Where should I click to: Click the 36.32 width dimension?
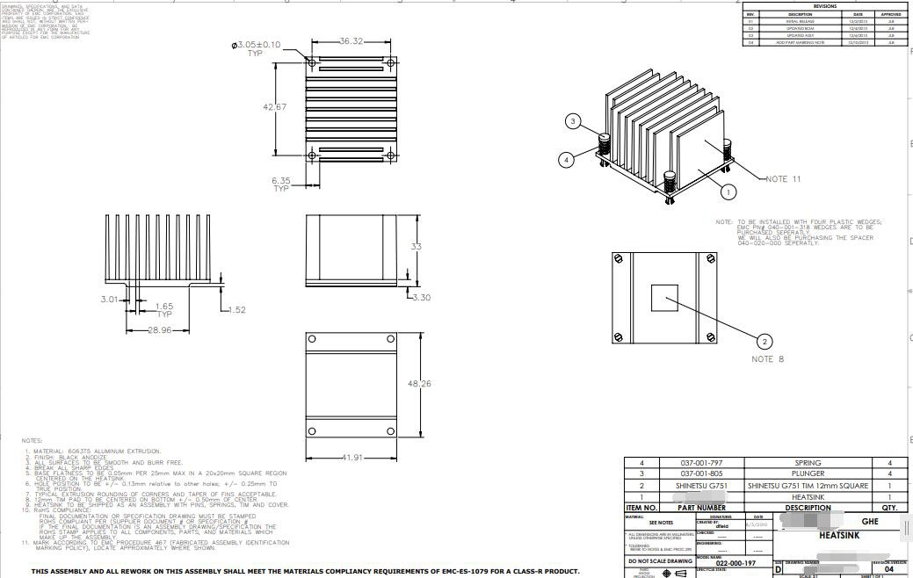(x=351, y=41)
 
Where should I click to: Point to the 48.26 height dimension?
(x=420, y=384)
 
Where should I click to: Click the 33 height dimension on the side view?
(x=417, y=247)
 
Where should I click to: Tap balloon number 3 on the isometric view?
(x=573, y=121)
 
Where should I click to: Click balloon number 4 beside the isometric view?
(x=567, y=160)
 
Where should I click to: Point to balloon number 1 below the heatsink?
(x=728, y=191)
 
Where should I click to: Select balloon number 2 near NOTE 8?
(x=764, y=342)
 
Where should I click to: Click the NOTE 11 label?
(x=783, y=179)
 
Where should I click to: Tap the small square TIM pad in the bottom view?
(x=664, y=298)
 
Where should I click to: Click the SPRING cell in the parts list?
(x=808, y=463)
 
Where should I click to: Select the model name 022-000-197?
(x=735, y=563)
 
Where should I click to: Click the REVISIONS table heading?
(x=824, y=6)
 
